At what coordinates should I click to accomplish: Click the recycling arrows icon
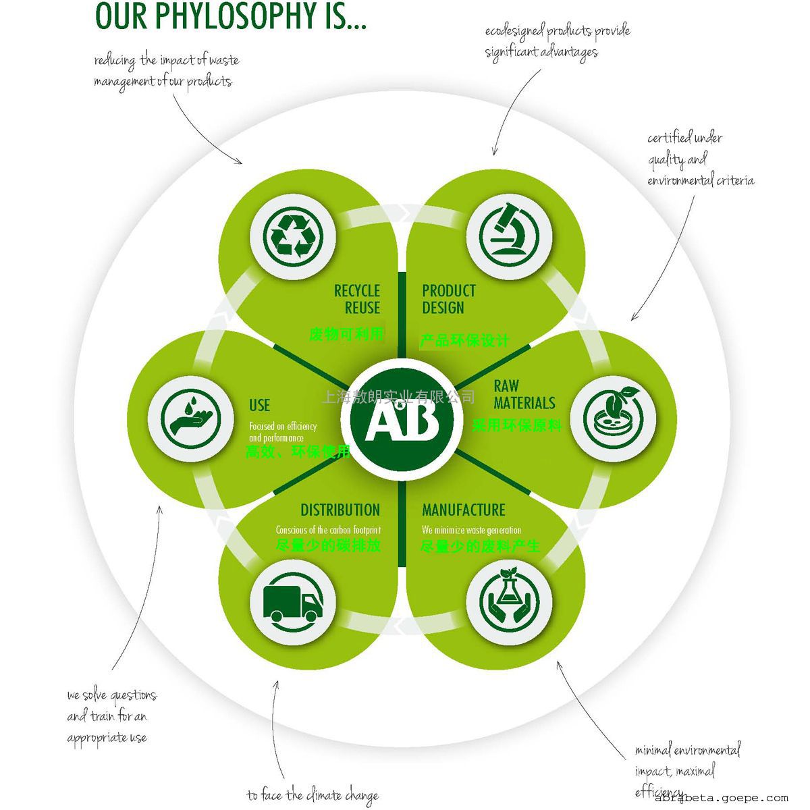pyautogui.click(x=292, y=235)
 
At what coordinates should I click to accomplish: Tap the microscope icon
pyautogui.click(x=510, y=235)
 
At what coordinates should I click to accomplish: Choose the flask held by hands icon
pyautogui.click(x=510, y=599)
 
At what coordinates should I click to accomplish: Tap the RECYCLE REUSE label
pyautogui.click(x=358, y=299)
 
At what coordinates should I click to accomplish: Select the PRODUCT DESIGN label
pyautogui.click(x=448, y=299)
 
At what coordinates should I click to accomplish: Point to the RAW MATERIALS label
pyautogui.click(x=524, y=394)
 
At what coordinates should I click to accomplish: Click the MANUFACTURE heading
pyautogui.click(x=463, y=510)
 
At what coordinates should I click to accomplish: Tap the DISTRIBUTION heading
pyautogui.click(x=340, y=510)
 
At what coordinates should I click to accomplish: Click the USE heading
pyautogui.click(x=259, y=405)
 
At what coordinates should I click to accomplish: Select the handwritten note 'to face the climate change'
pyautogui.click(x=312, y=795)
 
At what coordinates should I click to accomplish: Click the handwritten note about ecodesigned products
pyautogui.click(x=557, y=40)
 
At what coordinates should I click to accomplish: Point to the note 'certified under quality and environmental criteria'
pyautogui.click(x=699, y=159)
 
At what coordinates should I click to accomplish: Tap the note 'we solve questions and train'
pyautogui.click(x=111, y=716)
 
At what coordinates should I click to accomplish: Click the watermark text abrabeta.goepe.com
pyautogui.click(x=722, y=798)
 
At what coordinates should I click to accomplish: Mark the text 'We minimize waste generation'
pyautogui.click(x=471, y=530)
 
